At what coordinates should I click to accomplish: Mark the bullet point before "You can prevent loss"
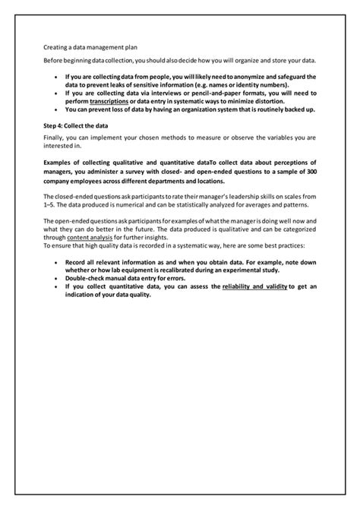pos(56,109)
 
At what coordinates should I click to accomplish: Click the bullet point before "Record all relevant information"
pos(56,261)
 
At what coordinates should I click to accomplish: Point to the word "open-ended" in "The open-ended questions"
pos(73,220)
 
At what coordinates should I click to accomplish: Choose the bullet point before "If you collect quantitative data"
pos(56,286)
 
